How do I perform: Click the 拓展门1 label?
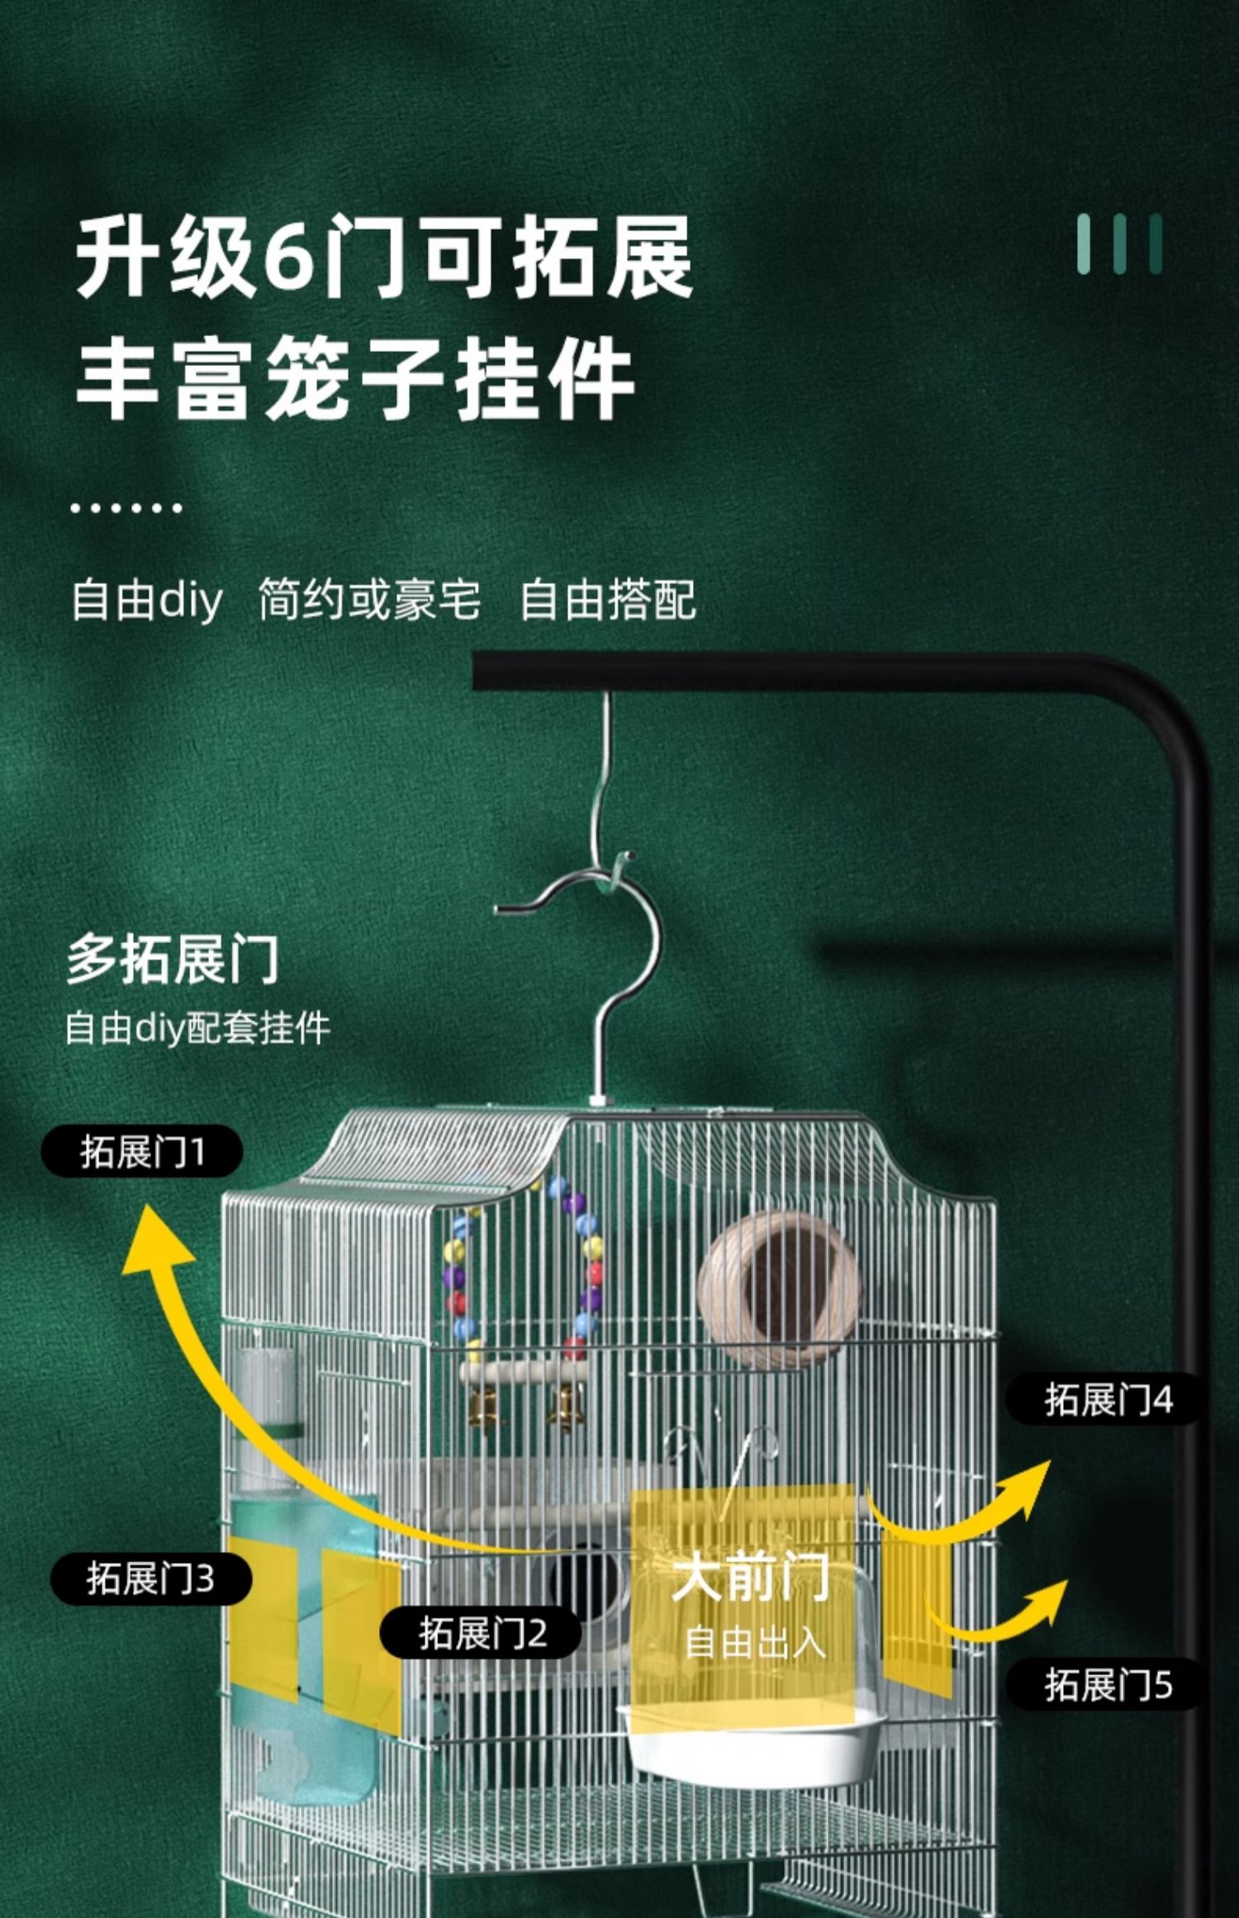click(142, 1151)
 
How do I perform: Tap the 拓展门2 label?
click(482, 1633)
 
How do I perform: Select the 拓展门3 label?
click(150, 1579)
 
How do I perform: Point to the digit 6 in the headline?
click(295, 257)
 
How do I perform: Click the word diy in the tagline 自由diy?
click(190, 601)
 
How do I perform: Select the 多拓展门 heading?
click(173, 959)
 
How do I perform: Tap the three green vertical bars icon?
click(1119, 244)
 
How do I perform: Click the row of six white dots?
click(126, 507)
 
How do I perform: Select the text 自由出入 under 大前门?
click(754, 1643)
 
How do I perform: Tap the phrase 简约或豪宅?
click(368, 601)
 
